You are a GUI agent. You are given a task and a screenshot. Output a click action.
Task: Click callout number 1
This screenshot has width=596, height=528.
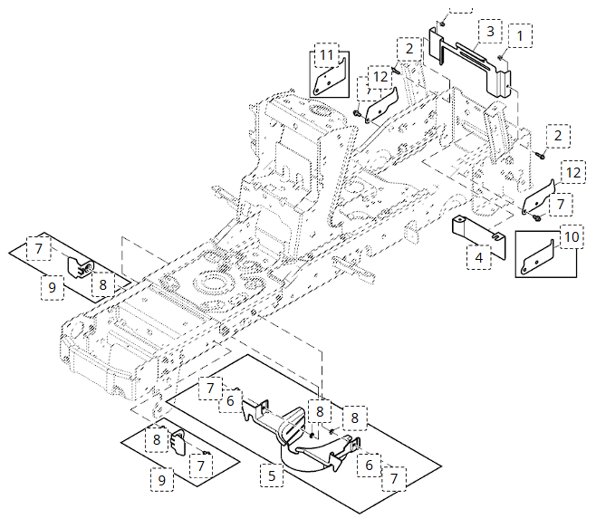(520, 34)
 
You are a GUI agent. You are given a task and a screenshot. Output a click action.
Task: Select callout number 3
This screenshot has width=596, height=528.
(489, 31)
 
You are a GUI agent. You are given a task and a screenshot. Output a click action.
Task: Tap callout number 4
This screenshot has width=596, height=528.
(477, 256)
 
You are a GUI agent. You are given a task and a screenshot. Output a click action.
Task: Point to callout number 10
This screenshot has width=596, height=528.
(571, 236)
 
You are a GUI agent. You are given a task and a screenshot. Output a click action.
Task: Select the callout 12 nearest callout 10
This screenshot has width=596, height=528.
(572, 171)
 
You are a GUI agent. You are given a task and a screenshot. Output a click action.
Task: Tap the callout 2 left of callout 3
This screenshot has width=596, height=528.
(409, 48)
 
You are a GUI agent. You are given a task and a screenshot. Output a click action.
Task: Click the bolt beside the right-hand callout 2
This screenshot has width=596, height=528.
(538, 154)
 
